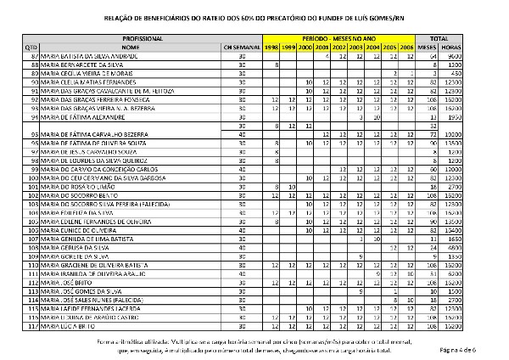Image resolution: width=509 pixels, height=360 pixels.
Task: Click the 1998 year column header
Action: [271, 48]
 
